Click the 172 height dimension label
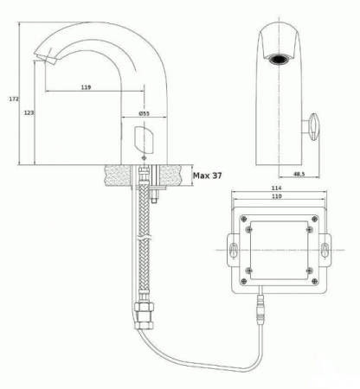coord(14,99)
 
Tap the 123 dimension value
coord(29,112)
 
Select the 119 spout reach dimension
coord(86,87)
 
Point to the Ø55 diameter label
coord(144,113)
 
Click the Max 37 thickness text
coord(208,175)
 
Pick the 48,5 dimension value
coord(299,174)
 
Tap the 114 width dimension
coord(276,188)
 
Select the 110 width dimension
coord(276,196)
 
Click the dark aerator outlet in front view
coord(279,60)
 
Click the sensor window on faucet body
coord(144,139)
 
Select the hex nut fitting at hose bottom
coord(144,316)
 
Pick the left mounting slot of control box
coord(234,250)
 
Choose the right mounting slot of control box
coord(325,250)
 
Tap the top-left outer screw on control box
coord(244,219)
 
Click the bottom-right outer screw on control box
coord(314,281)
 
